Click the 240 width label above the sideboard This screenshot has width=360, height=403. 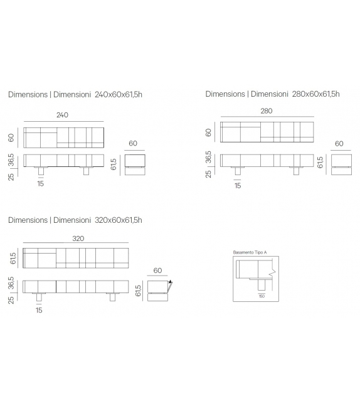pos(62,115)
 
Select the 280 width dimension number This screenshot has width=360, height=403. pos(267,110)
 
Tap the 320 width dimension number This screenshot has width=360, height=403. pos(78,239)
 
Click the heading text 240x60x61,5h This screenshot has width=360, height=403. pos(119,94)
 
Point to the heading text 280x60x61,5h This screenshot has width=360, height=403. pos(315,94)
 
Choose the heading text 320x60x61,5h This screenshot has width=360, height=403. pos(119,220)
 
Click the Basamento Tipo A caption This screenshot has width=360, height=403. pos(250,252)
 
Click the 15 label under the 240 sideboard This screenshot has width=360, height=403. pos(40,184)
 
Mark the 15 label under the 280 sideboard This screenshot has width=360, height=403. pos(237,185)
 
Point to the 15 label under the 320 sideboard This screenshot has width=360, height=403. pos(39,310)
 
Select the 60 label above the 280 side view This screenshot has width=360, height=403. pos(339,144)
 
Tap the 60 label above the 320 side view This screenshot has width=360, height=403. pos(157,271)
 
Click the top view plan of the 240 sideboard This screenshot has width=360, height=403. pos(63,137)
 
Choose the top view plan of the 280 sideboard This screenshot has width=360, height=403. pos(267,132)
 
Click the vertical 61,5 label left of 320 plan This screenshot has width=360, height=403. pos(12,258)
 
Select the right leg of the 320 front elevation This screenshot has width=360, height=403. pos(113,297)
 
